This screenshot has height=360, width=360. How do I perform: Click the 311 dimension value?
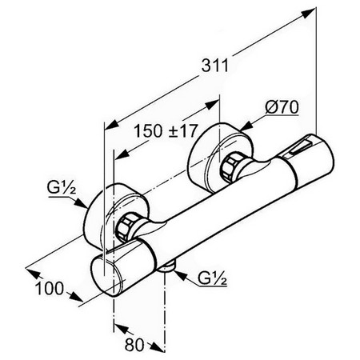click(x=215, y=66)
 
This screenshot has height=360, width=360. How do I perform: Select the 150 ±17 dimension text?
click(x=166, y=131)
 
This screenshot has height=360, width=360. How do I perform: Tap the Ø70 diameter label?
click(x=282, y=108)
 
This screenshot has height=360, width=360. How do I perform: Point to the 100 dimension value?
click(x=50, y=288)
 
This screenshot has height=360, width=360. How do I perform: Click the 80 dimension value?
click(x=134, y=345)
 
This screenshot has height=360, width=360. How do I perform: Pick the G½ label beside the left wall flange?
click(x=62, y=188)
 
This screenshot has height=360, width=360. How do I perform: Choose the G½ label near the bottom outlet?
click(x=212, y=278)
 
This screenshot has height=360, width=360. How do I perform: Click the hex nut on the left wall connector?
click(x=126, y=226)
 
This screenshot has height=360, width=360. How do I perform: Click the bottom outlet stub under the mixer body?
click(x=167, y=267)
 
